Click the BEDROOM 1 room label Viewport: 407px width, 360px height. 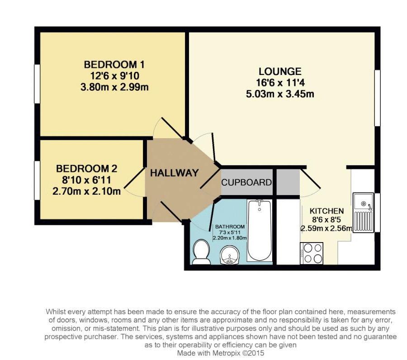114,64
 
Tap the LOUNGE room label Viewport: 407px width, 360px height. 280,71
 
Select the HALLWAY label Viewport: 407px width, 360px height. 175,173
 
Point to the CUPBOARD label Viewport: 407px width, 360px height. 246,182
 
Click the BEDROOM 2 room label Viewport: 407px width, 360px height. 87,169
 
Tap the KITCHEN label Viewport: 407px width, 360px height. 327,211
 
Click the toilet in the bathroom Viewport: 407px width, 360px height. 201,252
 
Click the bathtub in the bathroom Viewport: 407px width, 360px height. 260,230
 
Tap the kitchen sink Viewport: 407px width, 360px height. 364,212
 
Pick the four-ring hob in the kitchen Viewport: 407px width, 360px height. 312,253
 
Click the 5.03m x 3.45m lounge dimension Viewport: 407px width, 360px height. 280,94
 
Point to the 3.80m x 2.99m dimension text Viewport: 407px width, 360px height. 114,87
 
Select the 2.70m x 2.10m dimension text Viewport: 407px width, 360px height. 87,192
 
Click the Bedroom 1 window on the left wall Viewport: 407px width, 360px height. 38,84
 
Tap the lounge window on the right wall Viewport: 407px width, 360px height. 378,98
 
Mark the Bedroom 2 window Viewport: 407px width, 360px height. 38,180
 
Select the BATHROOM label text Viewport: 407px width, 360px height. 230,226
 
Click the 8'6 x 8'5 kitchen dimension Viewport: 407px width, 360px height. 326,220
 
